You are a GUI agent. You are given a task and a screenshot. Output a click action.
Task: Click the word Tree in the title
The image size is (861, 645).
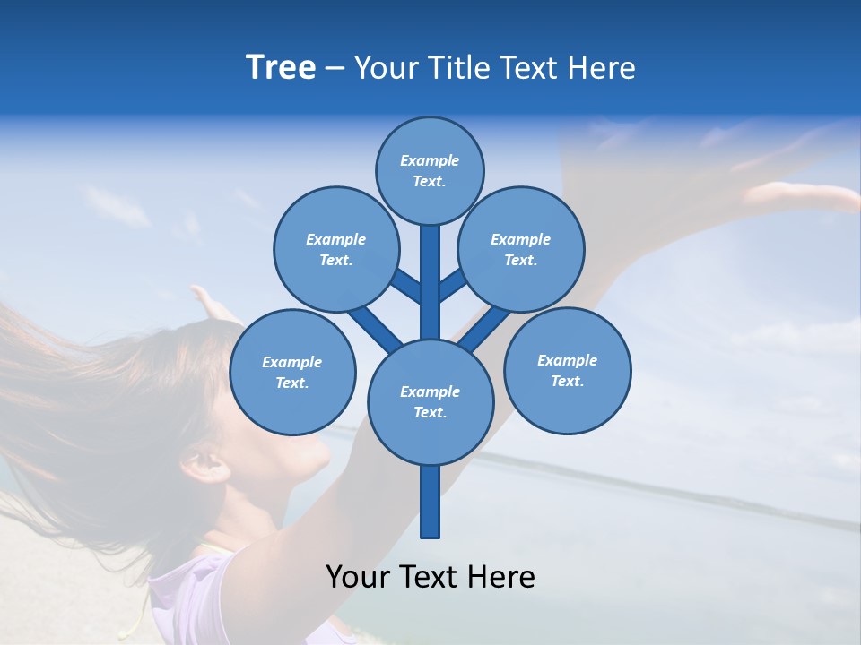coord(281,67)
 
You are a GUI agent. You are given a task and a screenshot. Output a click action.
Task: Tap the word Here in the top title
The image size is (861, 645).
coord(603,68)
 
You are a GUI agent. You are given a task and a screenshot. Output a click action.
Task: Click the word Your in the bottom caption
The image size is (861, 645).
coord(356,577)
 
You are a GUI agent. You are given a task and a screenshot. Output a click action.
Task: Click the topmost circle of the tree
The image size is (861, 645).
coord(430,170)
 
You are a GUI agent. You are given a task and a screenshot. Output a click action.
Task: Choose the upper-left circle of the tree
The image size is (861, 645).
coord(336,249)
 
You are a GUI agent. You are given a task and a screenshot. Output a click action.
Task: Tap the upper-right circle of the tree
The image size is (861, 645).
coord(521,249)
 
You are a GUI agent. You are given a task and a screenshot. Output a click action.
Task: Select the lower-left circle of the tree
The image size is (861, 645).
coord(292,372)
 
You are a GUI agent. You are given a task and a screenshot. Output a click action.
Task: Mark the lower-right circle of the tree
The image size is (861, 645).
coord(567,370)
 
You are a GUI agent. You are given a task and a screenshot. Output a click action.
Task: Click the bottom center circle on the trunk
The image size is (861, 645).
coord(430,401)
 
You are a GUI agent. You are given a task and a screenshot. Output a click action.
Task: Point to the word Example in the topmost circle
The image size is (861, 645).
coord(430,160)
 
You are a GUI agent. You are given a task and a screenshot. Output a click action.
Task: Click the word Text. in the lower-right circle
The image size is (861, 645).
coord(567,381)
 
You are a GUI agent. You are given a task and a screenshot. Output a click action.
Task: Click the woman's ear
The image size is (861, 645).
coord(202,463)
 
